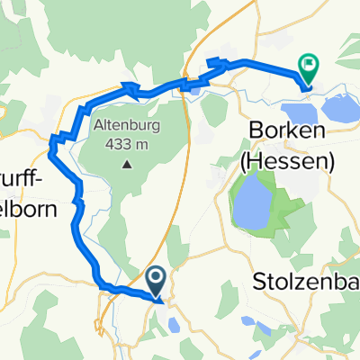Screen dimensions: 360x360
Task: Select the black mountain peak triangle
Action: pyautogui.click(x=127, y=164)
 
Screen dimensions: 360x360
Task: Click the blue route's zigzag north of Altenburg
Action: pyautogui.click(x=130, y=88)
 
